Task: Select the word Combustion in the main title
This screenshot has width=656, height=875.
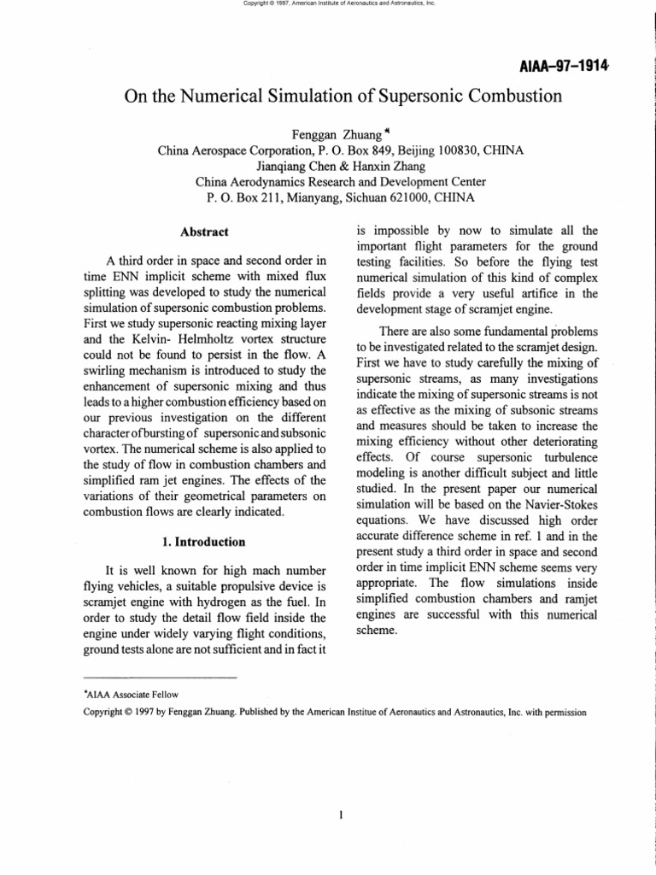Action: click(x=512, y=97)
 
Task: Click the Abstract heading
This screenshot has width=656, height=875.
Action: click(x=204, y=231)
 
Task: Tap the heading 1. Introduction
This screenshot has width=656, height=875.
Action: click(x=203, y=541)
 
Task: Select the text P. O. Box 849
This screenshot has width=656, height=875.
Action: click(x=332, y=151)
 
